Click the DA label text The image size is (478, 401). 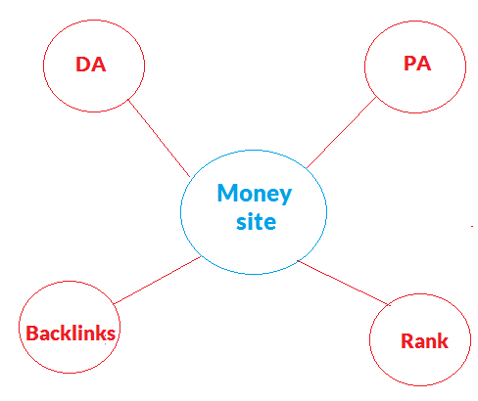pyautogui.click(x=91, y=65)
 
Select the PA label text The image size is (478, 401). pyautogui.click(x=417, y=64)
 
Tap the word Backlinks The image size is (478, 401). pyautogui.click(x=71, y=333)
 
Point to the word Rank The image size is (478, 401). pyautogui.click(x=424, y=341)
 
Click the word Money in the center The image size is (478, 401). pyautogui.click(x=255, y=194)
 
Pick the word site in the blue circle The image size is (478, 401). pyautogui.click(x=256, y=222)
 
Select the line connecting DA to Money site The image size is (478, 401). pyautogui.click(x=159, y=138)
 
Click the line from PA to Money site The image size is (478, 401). pyautogui.click(x=342, y=133)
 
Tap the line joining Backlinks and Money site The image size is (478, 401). pyautogui.click(x=157, y=281)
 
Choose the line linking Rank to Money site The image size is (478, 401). pyautogui.click(x=344, y=283)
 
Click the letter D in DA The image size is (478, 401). pyautogui.click(x=82, y=65)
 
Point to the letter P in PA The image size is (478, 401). pyautogui.click(x=409, y=64)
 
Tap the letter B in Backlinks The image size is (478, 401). pyautogui.click(x=31, y=333)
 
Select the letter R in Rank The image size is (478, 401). pyautogui.click(x=406, y=341)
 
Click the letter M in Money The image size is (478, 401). pyautogui.click(x=227, y=193)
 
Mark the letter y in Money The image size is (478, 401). pyautogui.click(x=285, y=196)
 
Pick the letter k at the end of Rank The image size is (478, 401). pyautogui.click(x=443, y=341)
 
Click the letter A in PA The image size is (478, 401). pyautogui.click(x=424, y=64)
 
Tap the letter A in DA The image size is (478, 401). pyautogui.click(x=99, y=65)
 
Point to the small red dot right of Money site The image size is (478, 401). pyautogui.click(x=472, y=226)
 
